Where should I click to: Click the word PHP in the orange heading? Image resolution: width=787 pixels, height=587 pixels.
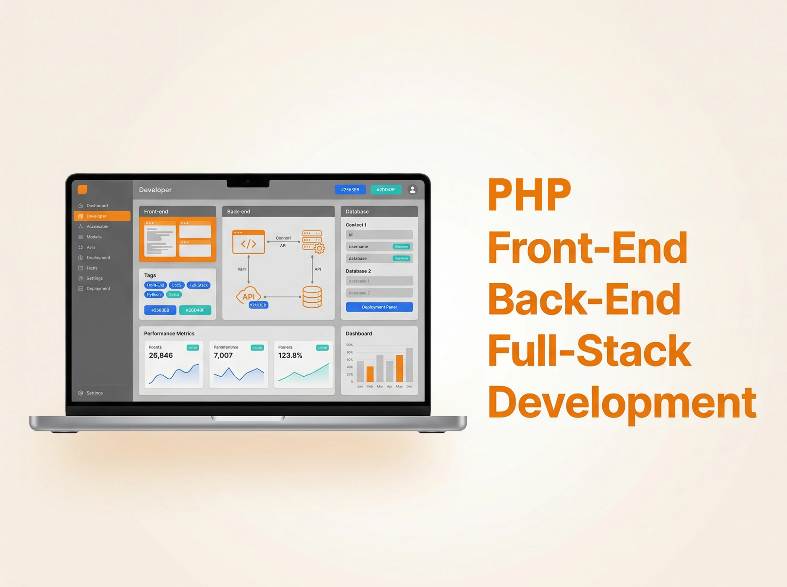[x=529, y=195]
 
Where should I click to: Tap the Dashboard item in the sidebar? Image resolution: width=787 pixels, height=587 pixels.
[x=97, y=206]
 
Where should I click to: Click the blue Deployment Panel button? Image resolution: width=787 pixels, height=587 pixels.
[x=379, y=307]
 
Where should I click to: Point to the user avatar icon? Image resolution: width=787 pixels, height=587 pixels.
[x=412, y=190]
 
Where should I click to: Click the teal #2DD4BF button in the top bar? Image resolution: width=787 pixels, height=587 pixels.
[x=386, y=190]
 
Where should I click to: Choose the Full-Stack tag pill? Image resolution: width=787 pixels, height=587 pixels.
[x=198, y=285]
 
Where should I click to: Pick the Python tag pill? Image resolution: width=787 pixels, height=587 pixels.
[x=154, y=294]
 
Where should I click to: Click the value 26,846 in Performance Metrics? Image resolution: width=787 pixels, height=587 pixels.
[x=161, y=355]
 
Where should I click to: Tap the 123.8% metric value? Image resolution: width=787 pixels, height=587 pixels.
[x=290, y=355]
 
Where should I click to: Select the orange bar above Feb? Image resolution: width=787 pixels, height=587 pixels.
[x=370, y=374]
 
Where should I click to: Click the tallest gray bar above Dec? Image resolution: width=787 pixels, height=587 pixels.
[x=409, y=365]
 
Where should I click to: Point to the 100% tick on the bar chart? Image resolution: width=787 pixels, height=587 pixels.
[x=349, y=345]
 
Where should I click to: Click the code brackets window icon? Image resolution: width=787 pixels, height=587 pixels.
[x=249, y=242]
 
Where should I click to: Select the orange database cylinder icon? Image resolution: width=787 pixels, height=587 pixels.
[x=312, y=297]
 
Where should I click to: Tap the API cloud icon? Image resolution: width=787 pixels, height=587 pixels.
[x=249, y=296]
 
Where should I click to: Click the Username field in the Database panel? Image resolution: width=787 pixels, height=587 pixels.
[x=379, y=247]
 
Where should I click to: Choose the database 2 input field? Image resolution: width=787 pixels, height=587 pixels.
[x=379, y=293]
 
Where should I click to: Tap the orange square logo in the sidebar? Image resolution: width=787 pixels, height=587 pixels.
[x=83, y=190]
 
